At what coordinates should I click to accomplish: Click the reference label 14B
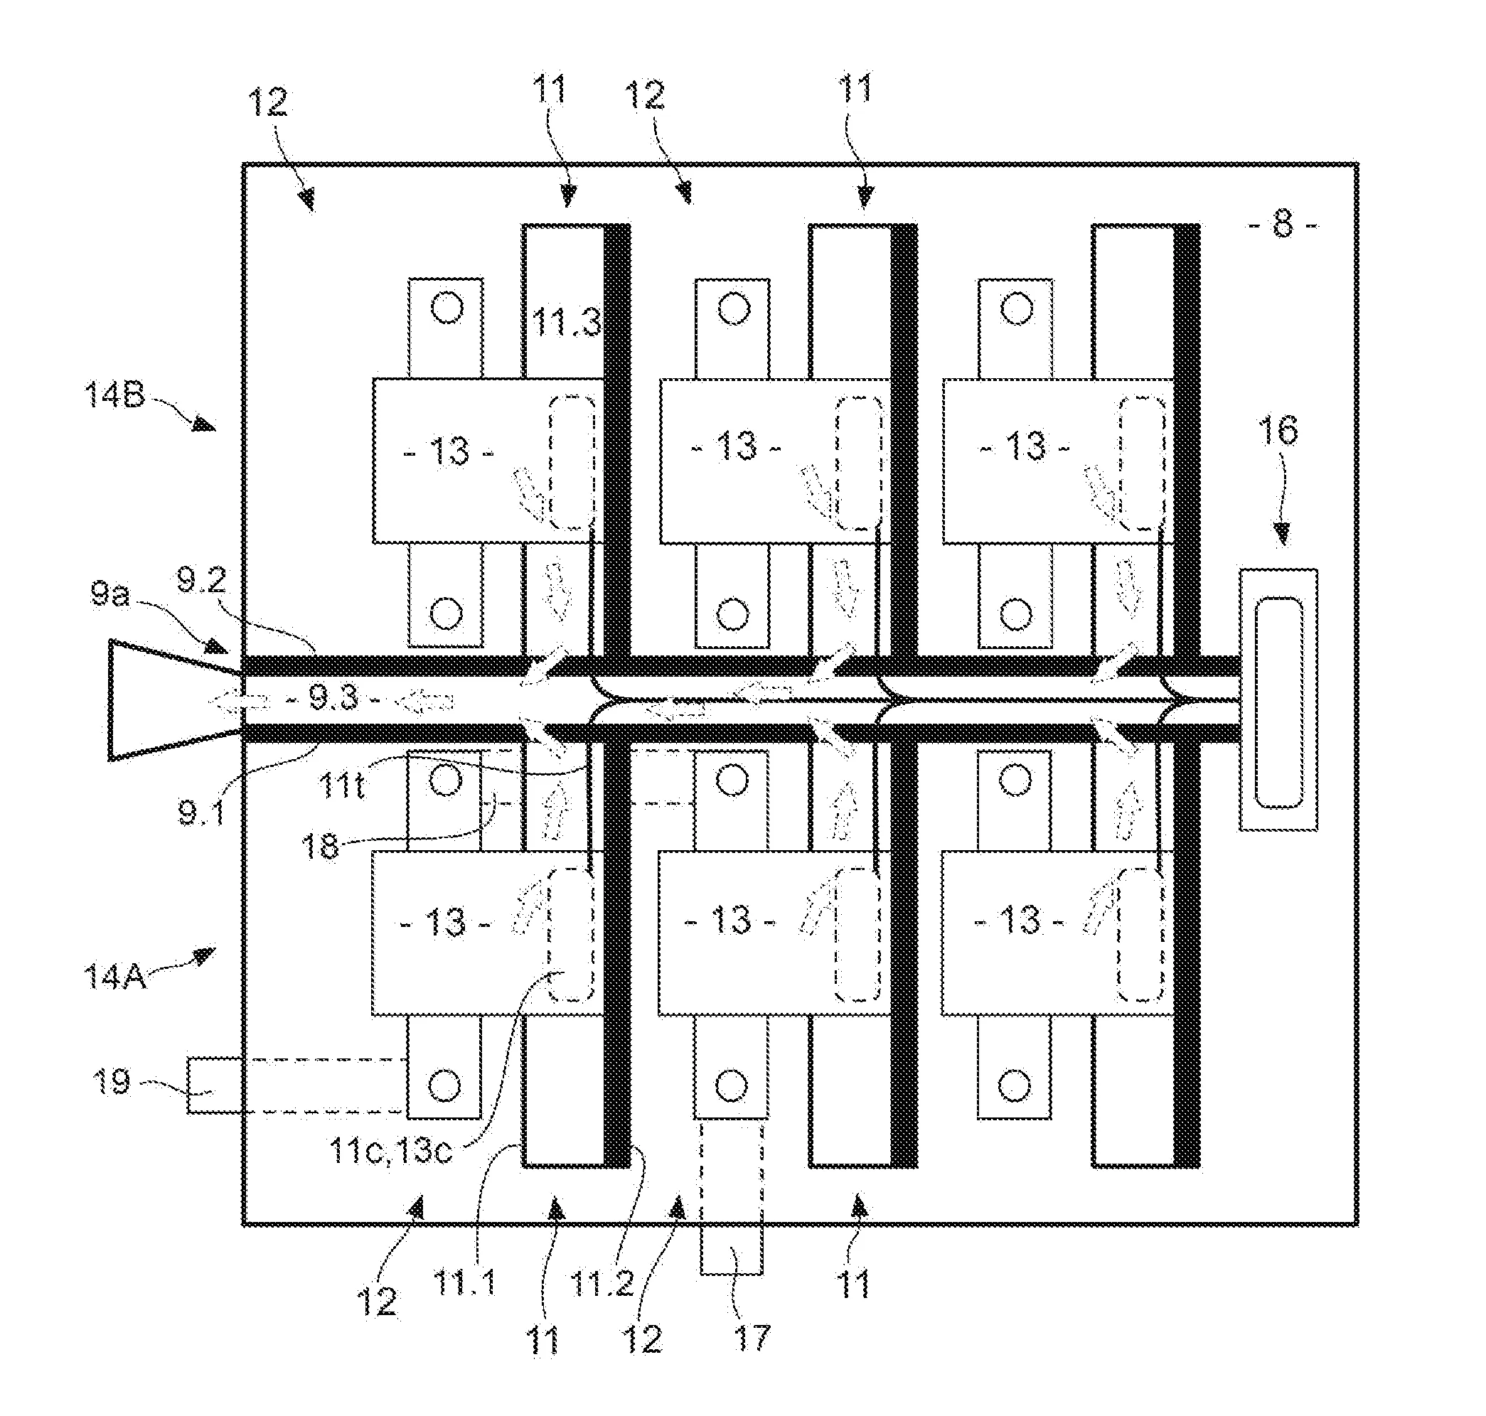click(114, 394)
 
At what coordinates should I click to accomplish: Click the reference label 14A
click(114, 977)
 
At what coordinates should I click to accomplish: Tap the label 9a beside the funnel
click(110, 595)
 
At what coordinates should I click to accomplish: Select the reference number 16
click(1278, 430)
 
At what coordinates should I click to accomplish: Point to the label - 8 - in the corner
click(1282, 225)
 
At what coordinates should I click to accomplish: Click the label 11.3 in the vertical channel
click(566, 323)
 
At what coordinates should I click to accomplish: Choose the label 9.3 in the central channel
click(333, 699)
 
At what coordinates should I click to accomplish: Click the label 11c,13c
click(390, 1151)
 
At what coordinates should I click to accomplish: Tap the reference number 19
click(111, 1082)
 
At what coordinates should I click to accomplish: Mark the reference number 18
click(320, 846)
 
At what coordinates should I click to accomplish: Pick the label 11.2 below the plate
click(602, 1282)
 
